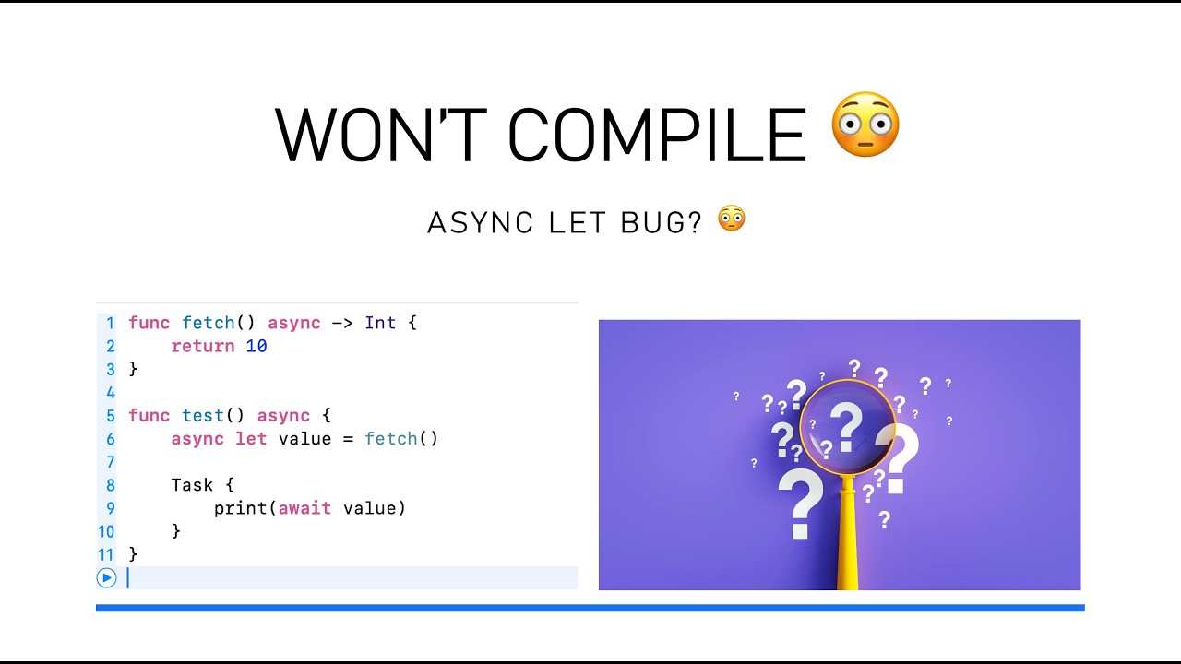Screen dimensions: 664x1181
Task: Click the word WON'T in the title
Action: pos(380,135)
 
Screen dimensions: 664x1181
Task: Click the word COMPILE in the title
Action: pos(657,135)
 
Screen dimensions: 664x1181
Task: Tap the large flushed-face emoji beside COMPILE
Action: pos(865,125)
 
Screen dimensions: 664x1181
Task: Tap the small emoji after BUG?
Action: pos(732,219)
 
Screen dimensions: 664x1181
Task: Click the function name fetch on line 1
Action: pos(209,323)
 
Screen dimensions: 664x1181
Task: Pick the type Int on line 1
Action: pos(380,323)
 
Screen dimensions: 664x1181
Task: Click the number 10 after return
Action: pos(256,346)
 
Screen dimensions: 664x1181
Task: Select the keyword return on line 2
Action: pos(203,346)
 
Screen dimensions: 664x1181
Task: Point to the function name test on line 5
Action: pos(203,416)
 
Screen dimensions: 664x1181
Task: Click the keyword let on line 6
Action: pos(251,439)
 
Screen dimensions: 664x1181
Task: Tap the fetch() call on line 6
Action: pos(401,439)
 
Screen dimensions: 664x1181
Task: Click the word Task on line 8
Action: pos(192,485)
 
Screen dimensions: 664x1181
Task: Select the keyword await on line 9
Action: pos(304,508)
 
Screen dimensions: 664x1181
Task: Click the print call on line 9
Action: pos(241,508)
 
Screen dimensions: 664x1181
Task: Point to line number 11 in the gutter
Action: pos(105,554)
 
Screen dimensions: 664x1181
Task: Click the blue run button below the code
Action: pos(106,578)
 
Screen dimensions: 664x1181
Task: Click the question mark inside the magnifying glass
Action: pos(845,426)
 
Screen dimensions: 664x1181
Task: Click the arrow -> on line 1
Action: pos(342,323)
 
